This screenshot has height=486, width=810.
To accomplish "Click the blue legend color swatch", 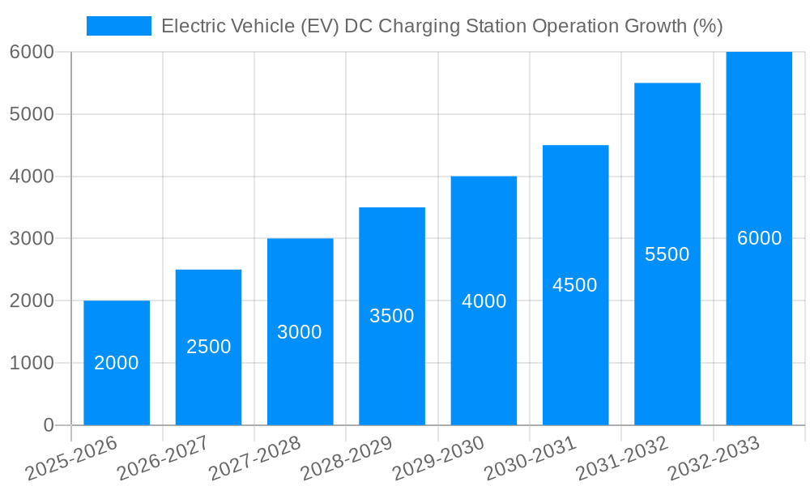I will click(x=118, y=26).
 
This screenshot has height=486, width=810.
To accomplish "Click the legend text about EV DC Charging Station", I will click(x=441, y=26).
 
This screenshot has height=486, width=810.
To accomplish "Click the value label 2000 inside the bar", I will click(x=117, y=363).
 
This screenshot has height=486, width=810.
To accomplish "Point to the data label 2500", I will click(x=208, y=347).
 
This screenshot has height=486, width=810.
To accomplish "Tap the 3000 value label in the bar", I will click(x=300, y=332).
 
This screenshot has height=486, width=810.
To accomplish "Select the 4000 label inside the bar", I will click(x=484, y=301).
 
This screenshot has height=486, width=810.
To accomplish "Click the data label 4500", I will click(x=575, y=285).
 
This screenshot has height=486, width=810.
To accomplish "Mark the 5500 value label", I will click(x=667, y=254).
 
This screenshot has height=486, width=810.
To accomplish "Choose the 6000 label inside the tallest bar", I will click(x=759, y=238).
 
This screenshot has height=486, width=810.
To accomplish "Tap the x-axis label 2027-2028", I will click(x=255, y=458).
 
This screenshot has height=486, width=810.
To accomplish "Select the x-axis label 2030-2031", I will click(x=531, y=458).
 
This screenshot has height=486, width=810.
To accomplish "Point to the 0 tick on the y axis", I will click(x=48, y=425).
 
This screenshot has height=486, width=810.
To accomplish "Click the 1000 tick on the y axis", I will click(x=32, y=363).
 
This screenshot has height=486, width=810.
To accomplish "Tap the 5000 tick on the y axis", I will click(x=32, y=114).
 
